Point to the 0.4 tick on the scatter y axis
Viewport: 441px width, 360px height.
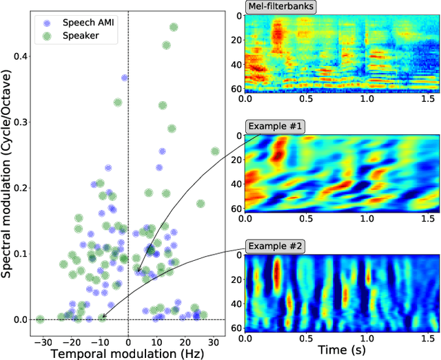pos(22,56)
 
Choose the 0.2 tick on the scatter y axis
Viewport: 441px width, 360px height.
pos(22,188)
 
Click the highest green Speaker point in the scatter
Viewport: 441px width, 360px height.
pos(173,28)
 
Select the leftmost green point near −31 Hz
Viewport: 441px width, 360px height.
pos(40,319)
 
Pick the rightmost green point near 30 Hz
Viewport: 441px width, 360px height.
pos(214,151)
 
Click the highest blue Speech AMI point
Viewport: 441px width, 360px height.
pos(125,78)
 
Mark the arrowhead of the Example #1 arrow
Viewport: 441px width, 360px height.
pos(137,273)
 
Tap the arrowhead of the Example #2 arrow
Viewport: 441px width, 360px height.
pos(101,318)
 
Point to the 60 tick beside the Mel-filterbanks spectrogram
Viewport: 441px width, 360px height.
pos(237,89)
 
